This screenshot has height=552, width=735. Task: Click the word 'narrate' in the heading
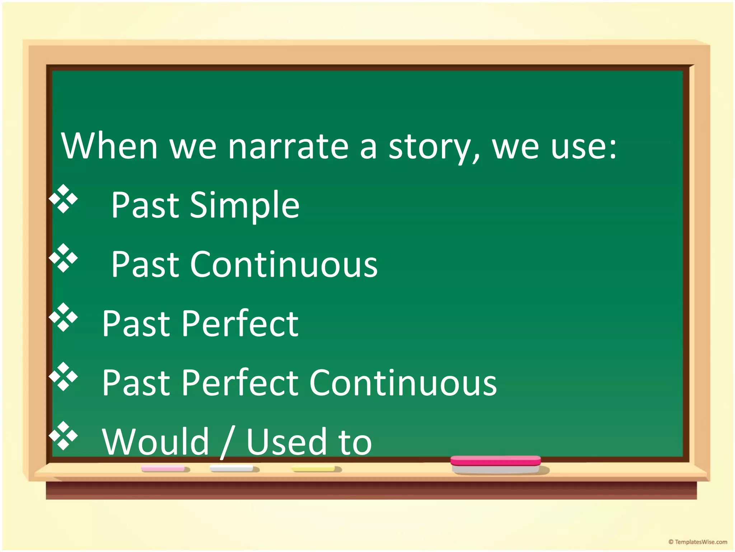point(288,146)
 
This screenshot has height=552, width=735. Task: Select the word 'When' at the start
point(109,146)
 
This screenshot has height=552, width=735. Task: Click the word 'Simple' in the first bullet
point(244,205)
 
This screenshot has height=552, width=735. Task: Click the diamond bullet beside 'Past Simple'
point(64,199)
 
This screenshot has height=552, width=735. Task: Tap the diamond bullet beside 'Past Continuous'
point(64,258)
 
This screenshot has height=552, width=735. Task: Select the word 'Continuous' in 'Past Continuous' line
point(284,264)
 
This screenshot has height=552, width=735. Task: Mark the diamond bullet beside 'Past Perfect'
point(64,317)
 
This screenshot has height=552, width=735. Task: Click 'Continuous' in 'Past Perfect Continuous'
point(403,383)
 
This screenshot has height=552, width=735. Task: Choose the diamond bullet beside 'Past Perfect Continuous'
point(64,376)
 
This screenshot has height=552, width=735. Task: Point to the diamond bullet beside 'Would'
point(64,436)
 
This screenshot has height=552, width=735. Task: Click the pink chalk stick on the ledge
point(164,469)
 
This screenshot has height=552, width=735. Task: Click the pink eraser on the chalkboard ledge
point(496,464)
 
